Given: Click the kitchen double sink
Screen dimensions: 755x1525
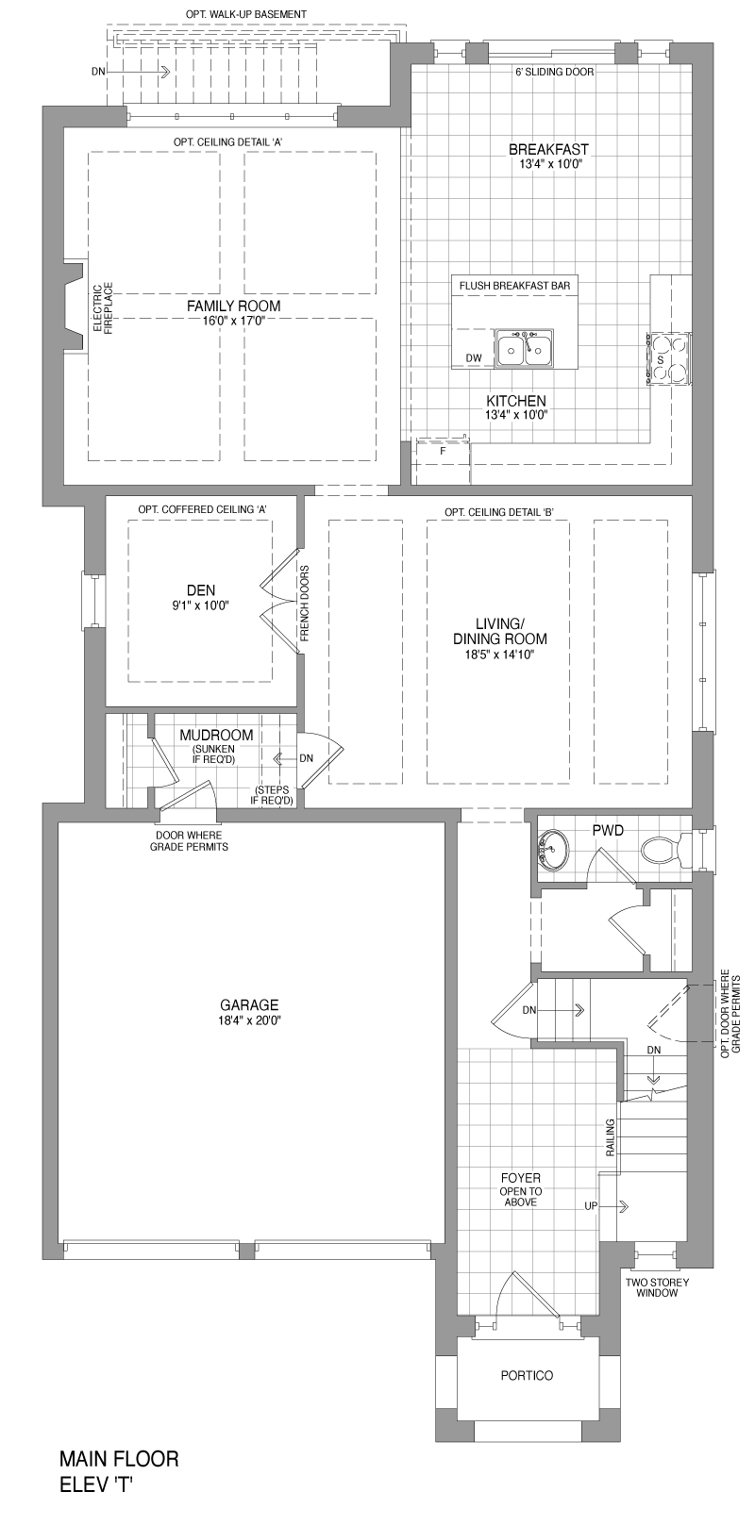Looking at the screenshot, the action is [524, 349].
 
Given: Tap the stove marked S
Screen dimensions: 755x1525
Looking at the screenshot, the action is [668, 358].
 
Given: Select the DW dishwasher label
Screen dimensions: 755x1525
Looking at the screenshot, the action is [475, 358].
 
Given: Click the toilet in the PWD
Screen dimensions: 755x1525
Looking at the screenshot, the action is [665, 851].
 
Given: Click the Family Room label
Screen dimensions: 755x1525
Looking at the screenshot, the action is [234, 307].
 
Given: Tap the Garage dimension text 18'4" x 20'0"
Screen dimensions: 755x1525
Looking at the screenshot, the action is [249, 1020].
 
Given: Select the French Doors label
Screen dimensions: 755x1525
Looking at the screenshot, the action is [305, 604].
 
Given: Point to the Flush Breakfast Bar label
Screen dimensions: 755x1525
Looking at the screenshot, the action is [514, 285].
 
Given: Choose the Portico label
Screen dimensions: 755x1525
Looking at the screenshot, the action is [527, 1375].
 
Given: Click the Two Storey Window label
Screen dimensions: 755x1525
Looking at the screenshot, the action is [658, 1287].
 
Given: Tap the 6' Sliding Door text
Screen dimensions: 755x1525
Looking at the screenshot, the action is [555, 72].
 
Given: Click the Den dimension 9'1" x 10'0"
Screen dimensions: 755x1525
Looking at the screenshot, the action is [200, 605].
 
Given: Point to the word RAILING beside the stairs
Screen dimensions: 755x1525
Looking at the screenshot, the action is [611, 1137].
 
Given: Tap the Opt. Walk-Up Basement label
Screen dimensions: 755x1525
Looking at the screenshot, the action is [246, 13].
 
